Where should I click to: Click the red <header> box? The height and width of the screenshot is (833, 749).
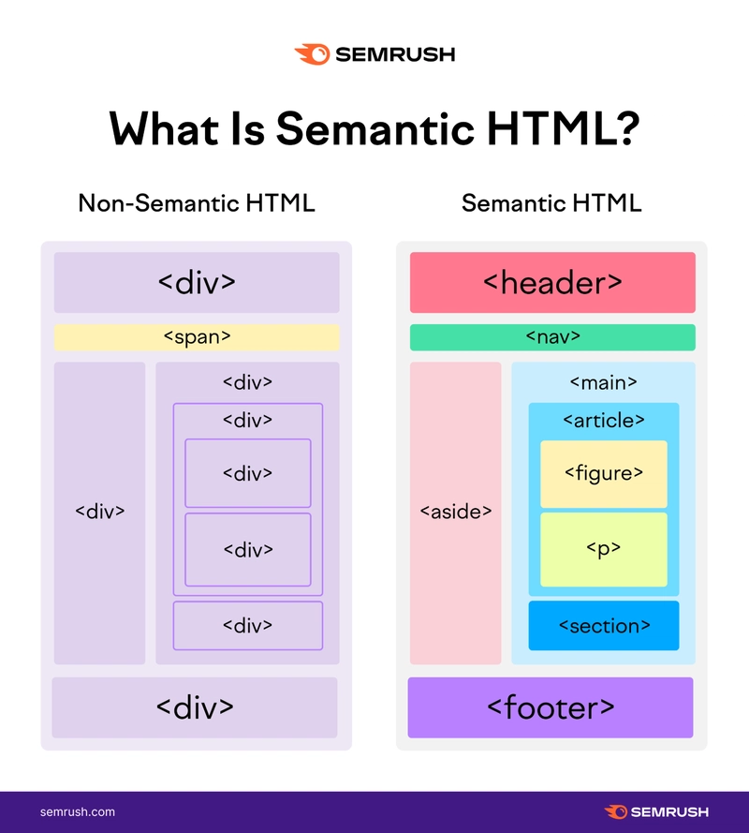(x=552, y=282)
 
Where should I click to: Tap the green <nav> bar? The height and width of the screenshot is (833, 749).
(x=552, y=337)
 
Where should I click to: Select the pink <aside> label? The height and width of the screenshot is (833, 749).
(x=455, y=512)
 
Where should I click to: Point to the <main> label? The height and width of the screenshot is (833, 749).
(x=603, y=382)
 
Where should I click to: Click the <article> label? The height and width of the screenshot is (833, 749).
(x=604, y=420)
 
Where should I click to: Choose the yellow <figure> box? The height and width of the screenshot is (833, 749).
(x=604, y=474)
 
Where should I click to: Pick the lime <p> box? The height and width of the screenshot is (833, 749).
(x=604, y=549)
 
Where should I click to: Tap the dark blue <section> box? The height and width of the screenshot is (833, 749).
(x=604, y=625)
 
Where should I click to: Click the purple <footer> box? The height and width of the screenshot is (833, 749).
(x=551, y=707)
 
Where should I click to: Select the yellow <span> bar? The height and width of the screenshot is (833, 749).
(x=197, y=337)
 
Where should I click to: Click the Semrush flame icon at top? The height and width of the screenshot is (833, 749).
(x=313, y=54)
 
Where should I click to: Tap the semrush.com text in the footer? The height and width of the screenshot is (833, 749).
(x=78, y=811)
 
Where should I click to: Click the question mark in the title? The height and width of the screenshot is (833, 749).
(x=629, y=128)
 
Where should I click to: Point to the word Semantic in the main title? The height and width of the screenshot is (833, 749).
(x=374, y=128)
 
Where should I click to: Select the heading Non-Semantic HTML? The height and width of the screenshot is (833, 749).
(x=197, y=203)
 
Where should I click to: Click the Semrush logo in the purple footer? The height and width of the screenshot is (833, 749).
(x=656, y=811)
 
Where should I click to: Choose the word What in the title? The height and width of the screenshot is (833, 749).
(x=164, y=128)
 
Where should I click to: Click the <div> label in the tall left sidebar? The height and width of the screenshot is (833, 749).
(x=100, y=512)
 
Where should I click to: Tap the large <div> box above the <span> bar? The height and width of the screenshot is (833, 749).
(x=197, y=282)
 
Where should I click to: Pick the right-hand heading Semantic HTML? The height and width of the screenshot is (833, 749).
(x=551, y=203)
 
